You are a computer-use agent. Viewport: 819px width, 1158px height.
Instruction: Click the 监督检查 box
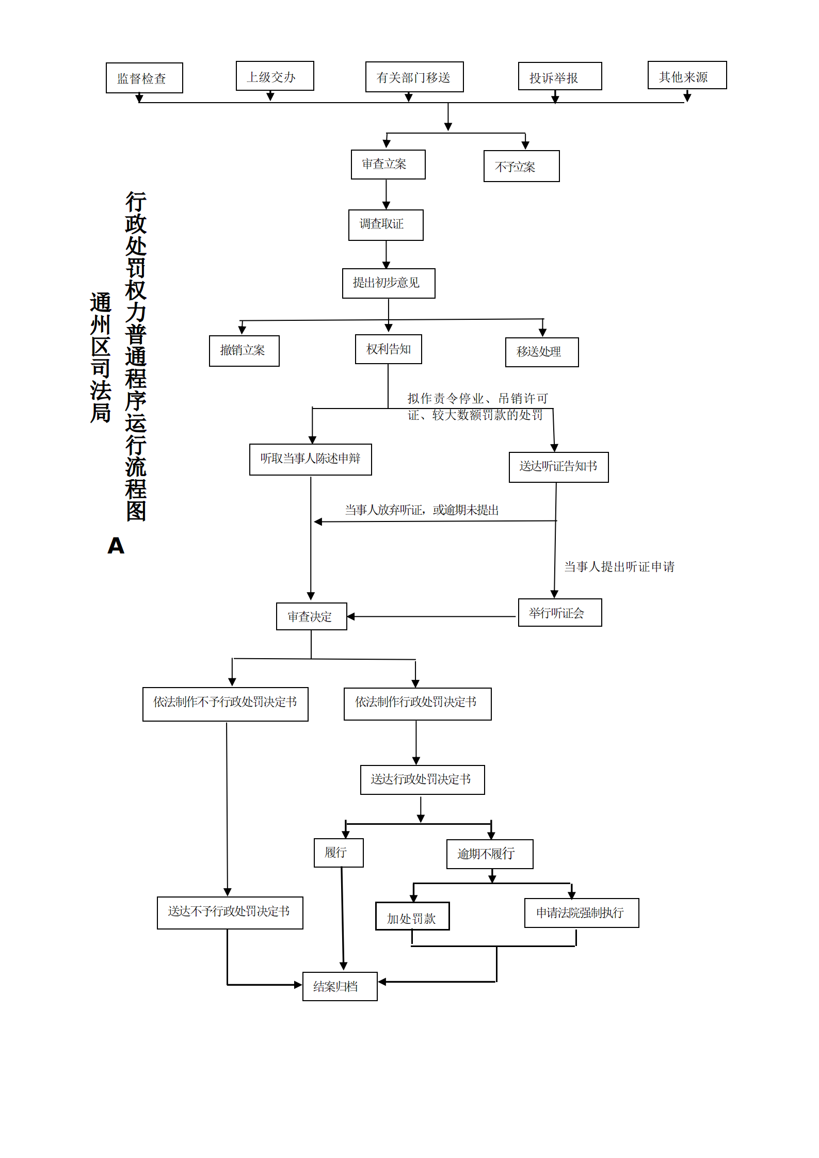click(x=144, y=78)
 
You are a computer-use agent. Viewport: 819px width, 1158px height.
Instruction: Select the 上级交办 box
click(x=275, y=76)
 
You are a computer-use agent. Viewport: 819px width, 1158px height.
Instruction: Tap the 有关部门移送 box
click(x=414, y=77)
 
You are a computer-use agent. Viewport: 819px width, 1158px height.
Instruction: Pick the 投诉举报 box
click(x=560, y=76)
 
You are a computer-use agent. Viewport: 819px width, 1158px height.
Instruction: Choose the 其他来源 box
click(x=687, y=75)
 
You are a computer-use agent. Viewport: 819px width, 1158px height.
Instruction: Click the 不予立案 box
click(x=522, y=166)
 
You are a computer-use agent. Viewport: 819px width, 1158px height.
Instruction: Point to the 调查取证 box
click(x=386, y=225)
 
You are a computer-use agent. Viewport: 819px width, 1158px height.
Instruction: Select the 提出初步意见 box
click(x=389, y=283)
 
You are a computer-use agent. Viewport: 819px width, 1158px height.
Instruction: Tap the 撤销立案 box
click(x=244, y=351)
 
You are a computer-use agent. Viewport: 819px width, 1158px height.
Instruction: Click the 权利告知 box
click(x=389, y=349)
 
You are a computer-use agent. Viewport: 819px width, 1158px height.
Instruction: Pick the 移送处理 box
click(x=542, y=352)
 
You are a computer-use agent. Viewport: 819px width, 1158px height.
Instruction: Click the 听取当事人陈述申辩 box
click(x=311, y=460)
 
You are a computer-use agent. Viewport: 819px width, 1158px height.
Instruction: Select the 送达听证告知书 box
click(x=559, y=467)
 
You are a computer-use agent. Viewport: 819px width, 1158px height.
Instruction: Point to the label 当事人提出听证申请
click(x=619, y=567)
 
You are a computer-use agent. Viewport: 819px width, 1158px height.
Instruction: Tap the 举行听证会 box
click(x=560, y=612)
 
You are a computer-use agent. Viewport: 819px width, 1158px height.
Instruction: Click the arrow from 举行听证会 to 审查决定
click(x=431, y=616)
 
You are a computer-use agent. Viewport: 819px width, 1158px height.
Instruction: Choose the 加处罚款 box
click(x=412, y=916)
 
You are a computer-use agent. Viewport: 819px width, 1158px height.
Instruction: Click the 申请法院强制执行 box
click(x=582, y=913)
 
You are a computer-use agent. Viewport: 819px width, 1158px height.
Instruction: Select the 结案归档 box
click(x=340, y=986)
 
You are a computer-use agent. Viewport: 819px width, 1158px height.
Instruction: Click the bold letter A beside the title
click(x=116, y=545)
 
